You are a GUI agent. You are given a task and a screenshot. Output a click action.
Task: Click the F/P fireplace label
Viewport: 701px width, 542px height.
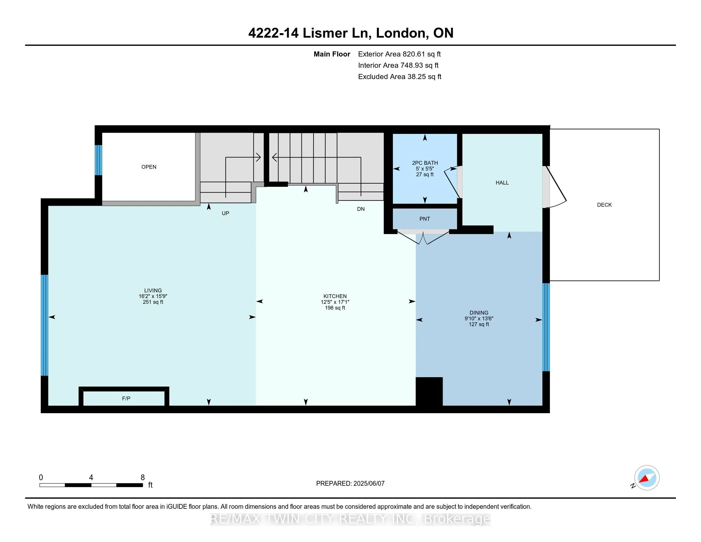click(x=126, y=399)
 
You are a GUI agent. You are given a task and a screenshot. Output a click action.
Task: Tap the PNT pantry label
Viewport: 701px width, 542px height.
click(x=425, y=219)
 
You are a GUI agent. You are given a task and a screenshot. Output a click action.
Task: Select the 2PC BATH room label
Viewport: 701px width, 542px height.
click(x=425, y=163)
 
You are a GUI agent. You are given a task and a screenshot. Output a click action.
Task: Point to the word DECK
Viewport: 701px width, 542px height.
click(x=604, y=205)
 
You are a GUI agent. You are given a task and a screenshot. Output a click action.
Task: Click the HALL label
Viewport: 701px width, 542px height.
click(x=502, y=183)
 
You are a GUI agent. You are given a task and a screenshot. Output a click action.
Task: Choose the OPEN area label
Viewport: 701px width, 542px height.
click(x=149, y=167)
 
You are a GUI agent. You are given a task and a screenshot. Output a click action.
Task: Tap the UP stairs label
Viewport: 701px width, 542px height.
click(x=225, y=213)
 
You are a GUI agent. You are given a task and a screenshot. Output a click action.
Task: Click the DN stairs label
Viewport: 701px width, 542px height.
click(x=361, y=209)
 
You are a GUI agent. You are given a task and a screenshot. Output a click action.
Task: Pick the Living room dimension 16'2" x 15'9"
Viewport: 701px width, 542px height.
click(x=153, y=297)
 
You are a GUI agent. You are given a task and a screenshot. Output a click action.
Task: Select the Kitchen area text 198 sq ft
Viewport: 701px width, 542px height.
click(x=335, y=308)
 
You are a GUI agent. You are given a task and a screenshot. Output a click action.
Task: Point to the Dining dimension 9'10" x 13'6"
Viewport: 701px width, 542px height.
click(x=479, y=319)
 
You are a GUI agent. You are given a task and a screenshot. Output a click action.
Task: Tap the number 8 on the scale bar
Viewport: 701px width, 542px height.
click(x=142, y=478)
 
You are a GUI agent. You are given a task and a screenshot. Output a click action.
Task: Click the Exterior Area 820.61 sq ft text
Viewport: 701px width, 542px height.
click(x=400, y=54)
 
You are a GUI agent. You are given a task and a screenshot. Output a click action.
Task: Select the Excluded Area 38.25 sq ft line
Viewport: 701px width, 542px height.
click(x=400, y=77)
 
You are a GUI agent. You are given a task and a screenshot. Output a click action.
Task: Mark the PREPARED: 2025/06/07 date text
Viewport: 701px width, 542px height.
click(x=350, y=483)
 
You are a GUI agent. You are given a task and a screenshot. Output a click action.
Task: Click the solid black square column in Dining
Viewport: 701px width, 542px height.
click(x=429, y=392)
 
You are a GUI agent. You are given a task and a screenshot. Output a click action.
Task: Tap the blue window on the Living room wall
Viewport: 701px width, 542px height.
click(x=44, y=325)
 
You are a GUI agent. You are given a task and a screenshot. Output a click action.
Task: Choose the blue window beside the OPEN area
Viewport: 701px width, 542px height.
click(x=98, y=160)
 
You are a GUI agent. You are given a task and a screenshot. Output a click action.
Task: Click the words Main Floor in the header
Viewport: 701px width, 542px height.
click(x=332, y=54)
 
